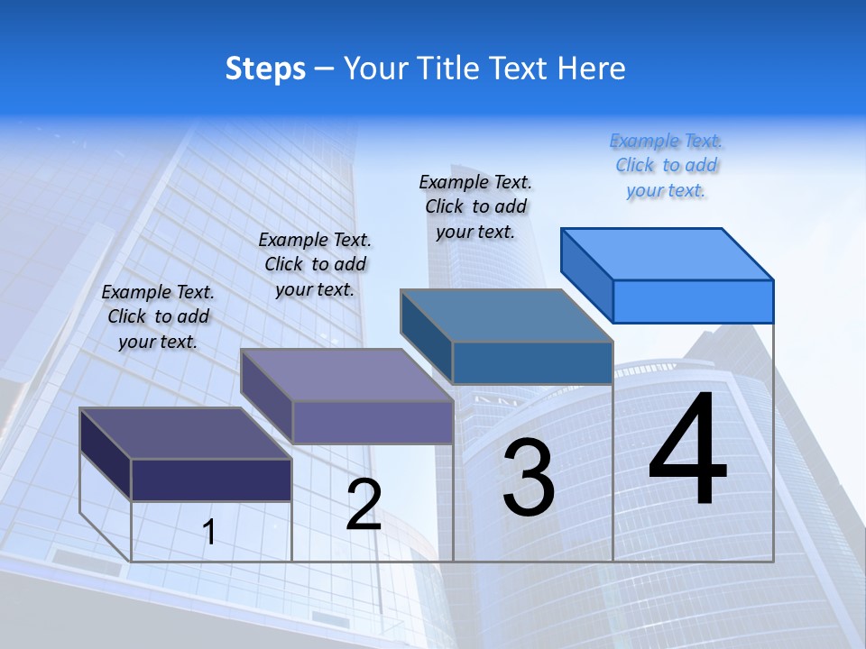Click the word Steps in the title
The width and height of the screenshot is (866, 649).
tap(265, 69)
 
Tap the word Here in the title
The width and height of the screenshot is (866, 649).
tap(592, 69)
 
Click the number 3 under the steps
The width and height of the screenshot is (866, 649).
tap(529, 477)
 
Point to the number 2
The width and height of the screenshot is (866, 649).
tap(364, 504)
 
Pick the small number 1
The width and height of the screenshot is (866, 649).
tap(209, 532)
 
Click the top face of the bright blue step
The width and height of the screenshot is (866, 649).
tap(668, 253)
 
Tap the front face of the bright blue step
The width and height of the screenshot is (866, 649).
tap(693, 301)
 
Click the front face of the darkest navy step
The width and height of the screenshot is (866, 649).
tap(211, 480)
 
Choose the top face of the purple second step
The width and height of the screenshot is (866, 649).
tap(346, 374)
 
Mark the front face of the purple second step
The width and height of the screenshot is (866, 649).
tap(372, 422)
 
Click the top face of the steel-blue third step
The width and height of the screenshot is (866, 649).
tap(507, 315)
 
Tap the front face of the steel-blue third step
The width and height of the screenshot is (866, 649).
tap(532, 362)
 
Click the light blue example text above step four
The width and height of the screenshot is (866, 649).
tap(666, 166)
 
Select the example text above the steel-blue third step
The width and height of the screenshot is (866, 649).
tap(475, 206)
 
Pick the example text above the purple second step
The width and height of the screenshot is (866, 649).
tap(315, 264)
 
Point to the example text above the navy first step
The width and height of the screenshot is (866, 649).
tap(158, 316)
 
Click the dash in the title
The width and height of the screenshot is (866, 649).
tap(324, 69)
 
